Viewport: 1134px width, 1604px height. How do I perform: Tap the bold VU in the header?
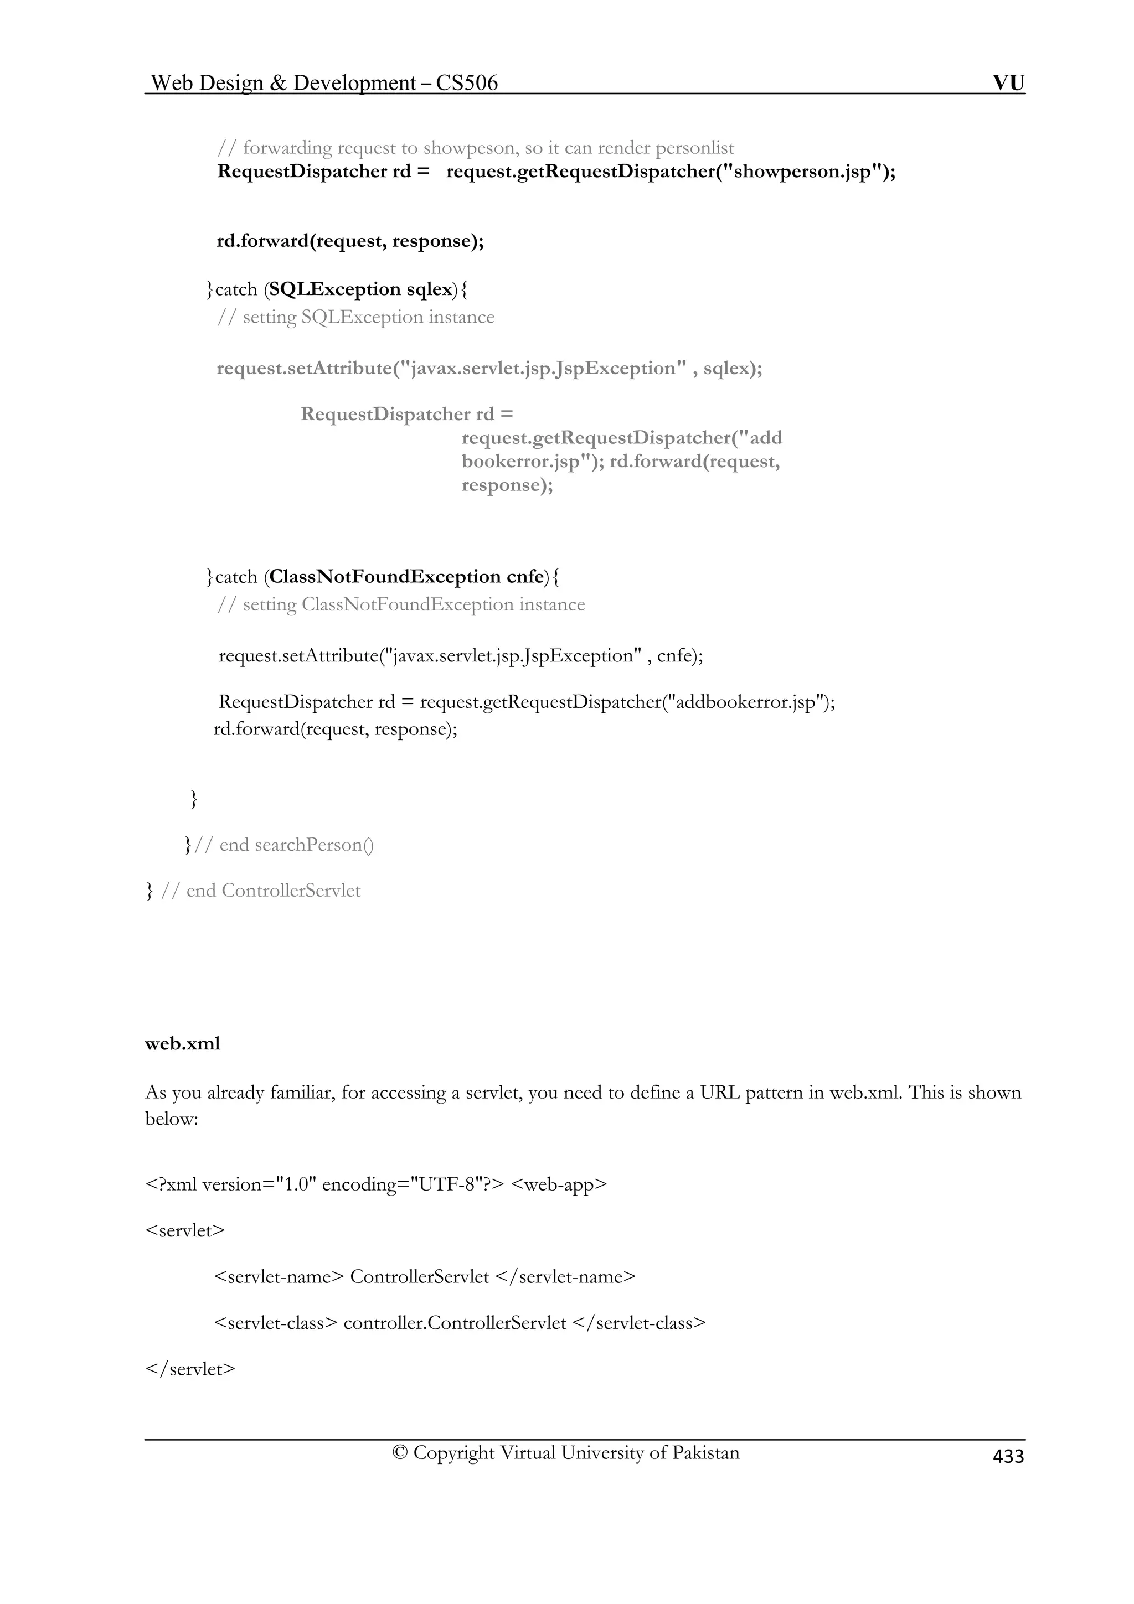[1008, 83]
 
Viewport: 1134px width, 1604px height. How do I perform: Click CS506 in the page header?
[467, 83]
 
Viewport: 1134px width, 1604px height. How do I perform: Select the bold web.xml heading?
[182, 1044]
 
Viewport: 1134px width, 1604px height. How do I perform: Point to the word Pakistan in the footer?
[705, 1452]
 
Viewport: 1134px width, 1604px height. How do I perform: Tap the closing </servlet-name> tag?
[565, 1276]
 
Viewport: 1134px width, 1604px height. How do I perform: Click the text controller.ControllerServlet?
[455, 1322]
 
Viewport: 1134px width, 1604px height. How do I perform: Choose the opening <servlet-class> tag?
[275, 1322]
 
